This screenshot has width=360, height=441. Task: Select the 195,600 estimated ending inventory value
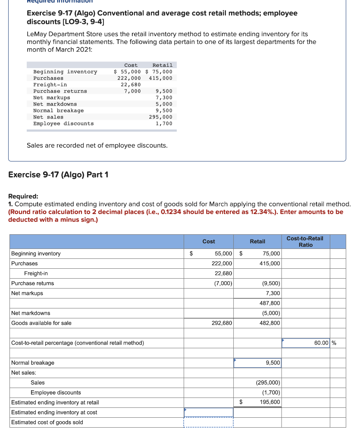[270, 402]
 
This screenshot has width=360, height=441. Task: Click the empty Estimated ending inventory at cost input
[209, 412]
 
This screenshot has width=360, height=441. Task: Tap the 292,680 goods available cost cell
[222, 323]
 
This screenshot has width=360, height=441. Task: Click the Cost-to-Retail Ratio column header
[305, 242]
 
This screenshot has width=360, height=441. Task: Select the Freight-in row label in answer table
[36, 273]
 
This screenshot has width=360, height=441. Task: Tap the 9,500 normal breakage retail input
[258, 363]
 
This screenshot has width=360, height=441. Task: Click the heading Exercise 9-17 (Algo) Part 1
[59, 175]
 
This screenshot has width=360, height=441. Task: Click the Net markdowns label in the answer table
[31, 313]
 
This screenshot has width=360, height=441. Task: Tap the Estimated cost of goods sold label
[47, 422]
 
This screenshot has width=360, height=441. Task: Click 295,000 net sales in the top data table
[160, 117]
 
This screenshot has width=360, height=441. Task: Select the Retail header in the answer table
[257, 242]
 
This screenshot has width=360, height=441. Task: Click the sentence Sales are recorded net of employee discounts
[97, 146]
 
